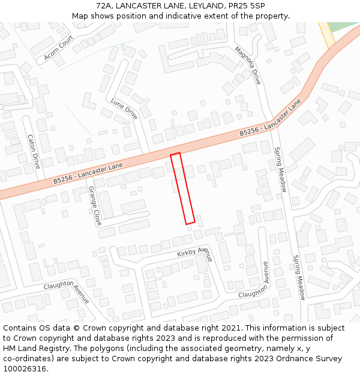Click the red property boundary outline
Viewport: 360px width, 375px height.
coord(182,188)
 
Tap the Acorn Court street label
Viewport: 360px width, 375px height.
coord(58,48)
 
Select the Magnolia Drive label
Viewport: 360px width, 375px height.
coord(248,65)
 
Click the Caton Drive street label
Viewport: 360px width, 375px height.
coord(34,151)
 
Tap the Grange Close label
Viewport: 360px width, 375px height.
coord(95,206)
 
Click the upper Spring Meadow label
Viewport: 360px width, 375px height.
coord(280,170)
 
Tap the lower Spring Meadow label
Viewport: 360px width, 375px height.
coord(299,277)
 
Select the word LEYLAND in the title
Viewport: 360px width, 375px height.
coord(202,5)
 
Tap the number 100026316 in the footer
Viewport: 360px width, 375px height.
coord(25,368)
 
